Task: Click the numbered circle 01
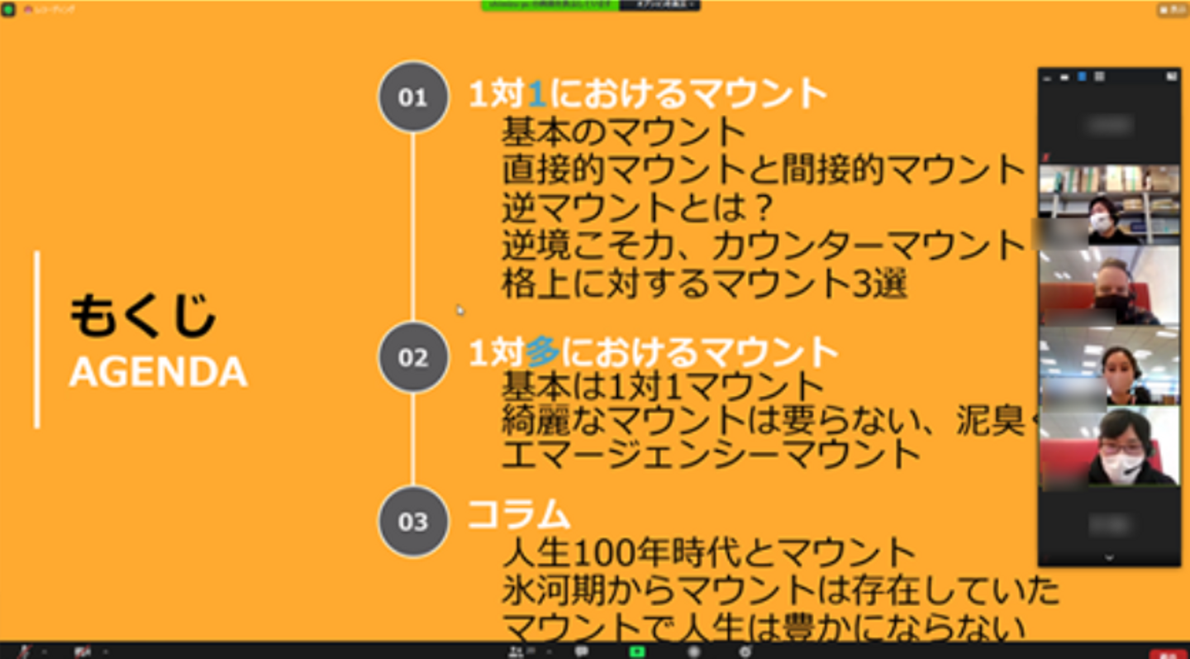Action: (412, 97)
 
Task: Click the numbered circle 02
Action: (412, 357)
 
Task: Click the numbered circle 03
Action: (412, 522)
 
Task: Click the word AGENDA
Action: (158, 373)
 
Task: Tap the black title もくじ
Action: (142, 315)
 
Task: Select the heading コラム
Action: (519, 513)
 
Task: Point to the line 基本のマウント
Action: (624, 131)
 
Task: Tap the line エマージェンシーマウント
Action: (711, 453)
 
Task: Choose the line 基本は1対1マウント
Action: (663, 386)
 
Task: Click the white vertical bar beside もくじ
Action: (37, 340)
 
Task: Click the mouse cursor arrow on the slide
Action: (460, 310)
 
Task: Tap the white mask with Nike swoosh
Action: (1121, 467)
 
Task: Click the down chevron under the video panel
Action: (1109, 558)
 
